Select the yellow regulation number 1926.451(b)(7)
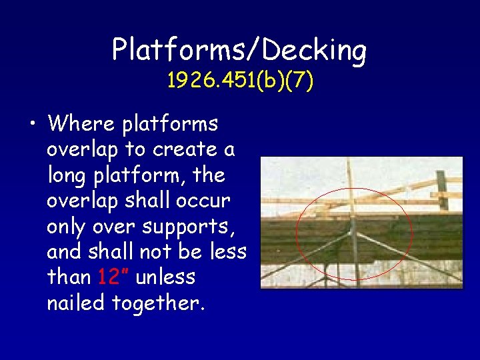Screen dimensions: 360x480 coord(240,81)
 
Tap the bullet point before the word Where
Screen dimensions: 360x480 coord(33,124)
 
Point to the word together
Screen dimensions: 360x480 coord(159,303)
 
